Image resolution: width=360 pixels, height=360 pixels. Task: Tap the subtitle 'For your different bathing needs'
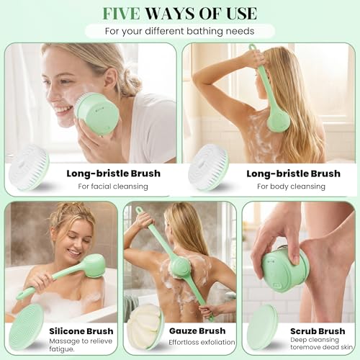[x=179, y=31]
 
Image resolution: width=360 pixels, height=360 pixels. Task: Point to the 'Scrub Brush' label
[x=315, y=330]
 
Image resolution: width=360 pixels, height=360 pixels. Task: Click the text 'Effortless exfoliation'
[x=201, y=343]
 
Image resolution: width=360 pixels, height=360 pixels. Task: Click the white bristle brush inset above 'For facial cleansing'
[x=29, y=168]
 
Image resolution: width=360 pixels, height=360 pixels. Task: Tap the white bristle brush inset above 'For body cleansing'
[x=208, y=168]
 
